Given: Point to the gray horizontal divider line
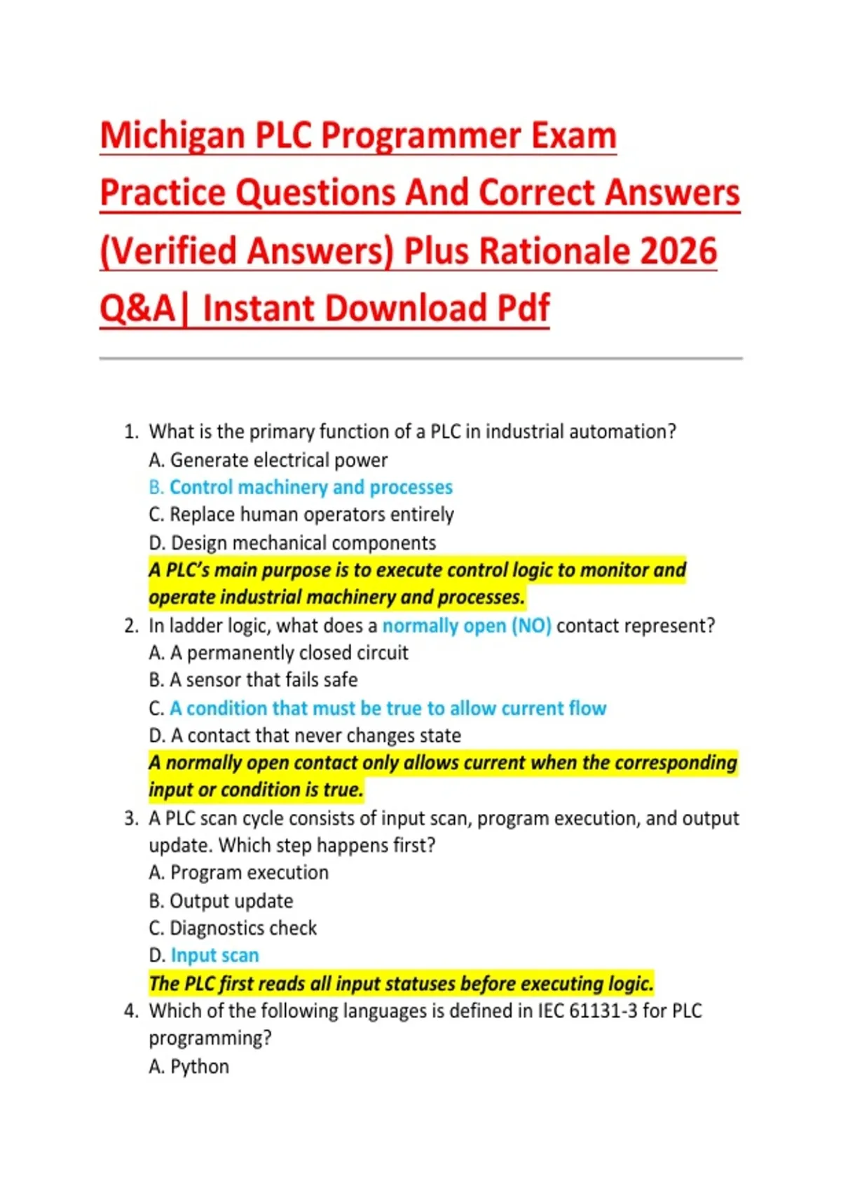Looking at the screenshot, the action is click(x=420, y=359).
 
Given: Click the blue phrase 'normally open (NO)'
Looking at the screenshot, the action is click(x=467, y=625).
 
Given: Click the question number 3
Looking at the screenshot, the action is click(x=131, y=818).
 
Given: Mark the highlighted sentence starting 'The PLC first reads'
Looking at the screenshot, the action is click(x=401, y=983).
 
